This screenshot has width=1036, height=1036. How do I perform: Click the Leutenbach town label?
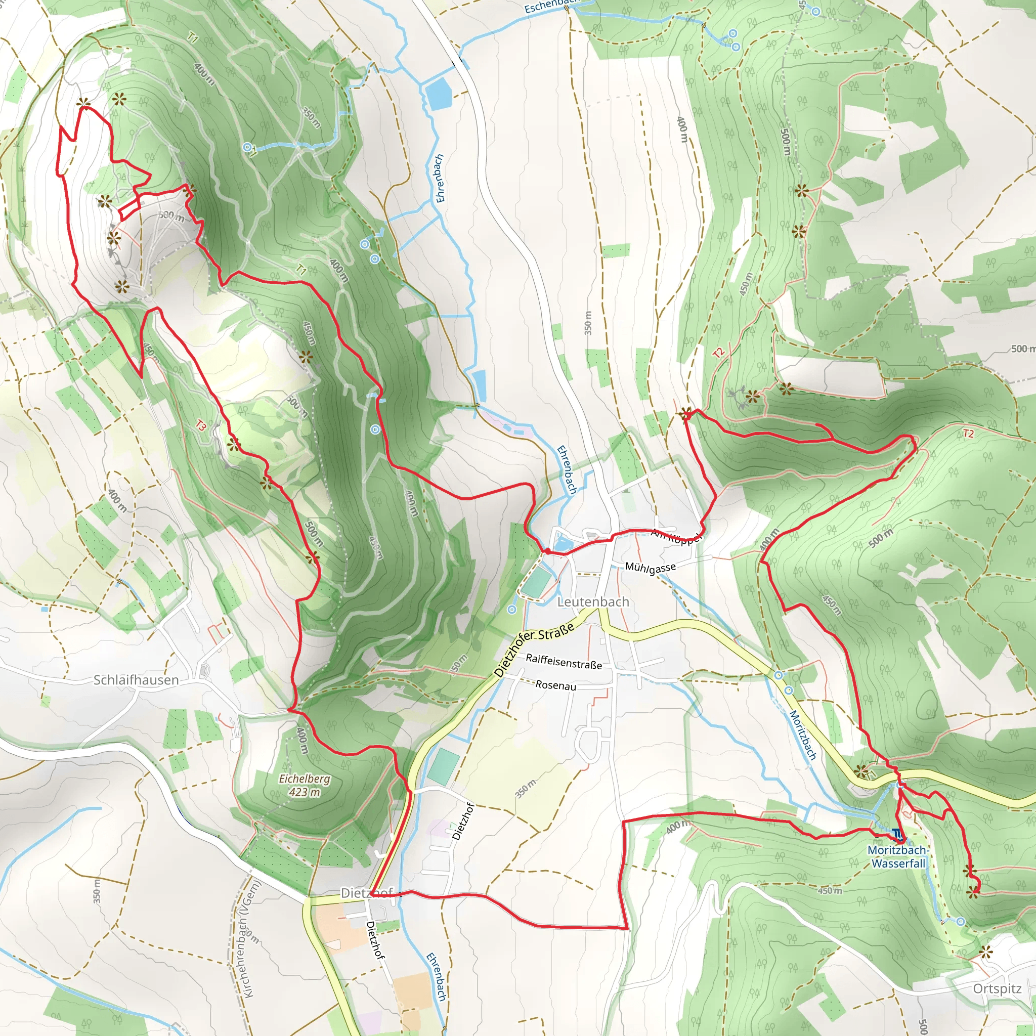pyautogui.click(x=593, y=601)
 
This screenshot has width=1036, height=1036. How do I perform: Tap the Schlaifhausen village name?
pyautogui.click(x=136, y=680)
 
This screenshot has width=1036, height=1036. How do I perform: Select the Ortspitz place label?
pyautogui.click(x=997, y=988)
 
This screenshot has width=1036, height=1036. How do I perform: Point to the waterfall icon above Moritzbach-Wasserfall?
pyautogui.click(x=897, y=834)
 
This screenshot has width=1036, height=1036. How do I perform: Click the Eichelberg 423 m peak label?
pyautogui.click(x=305, y=785)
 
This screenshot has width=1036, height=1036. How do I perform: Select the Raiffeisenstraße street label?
pyautogui.click(x=564, y=661)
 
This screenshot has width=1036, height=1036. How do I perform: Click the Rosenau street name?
pyautogui.click(x=555, y=685)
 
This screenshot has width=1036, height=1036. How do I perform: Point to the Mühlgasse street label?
pyautogui.click(x=651, y=568)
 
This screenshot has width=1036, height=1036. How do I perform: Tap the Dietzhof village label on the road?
pyautogui.click(x=367, y=893)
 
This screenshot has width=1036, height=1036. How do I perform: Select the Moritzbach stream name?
pyautogui.click(x=803, y=735)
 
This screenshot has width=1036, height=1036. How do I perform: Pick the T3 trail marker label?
pyautogui.click(x=200, y=426)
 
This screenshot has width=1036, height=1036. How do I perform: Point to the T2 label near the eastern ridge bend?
pyautogui.click(x=968, y=434)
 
